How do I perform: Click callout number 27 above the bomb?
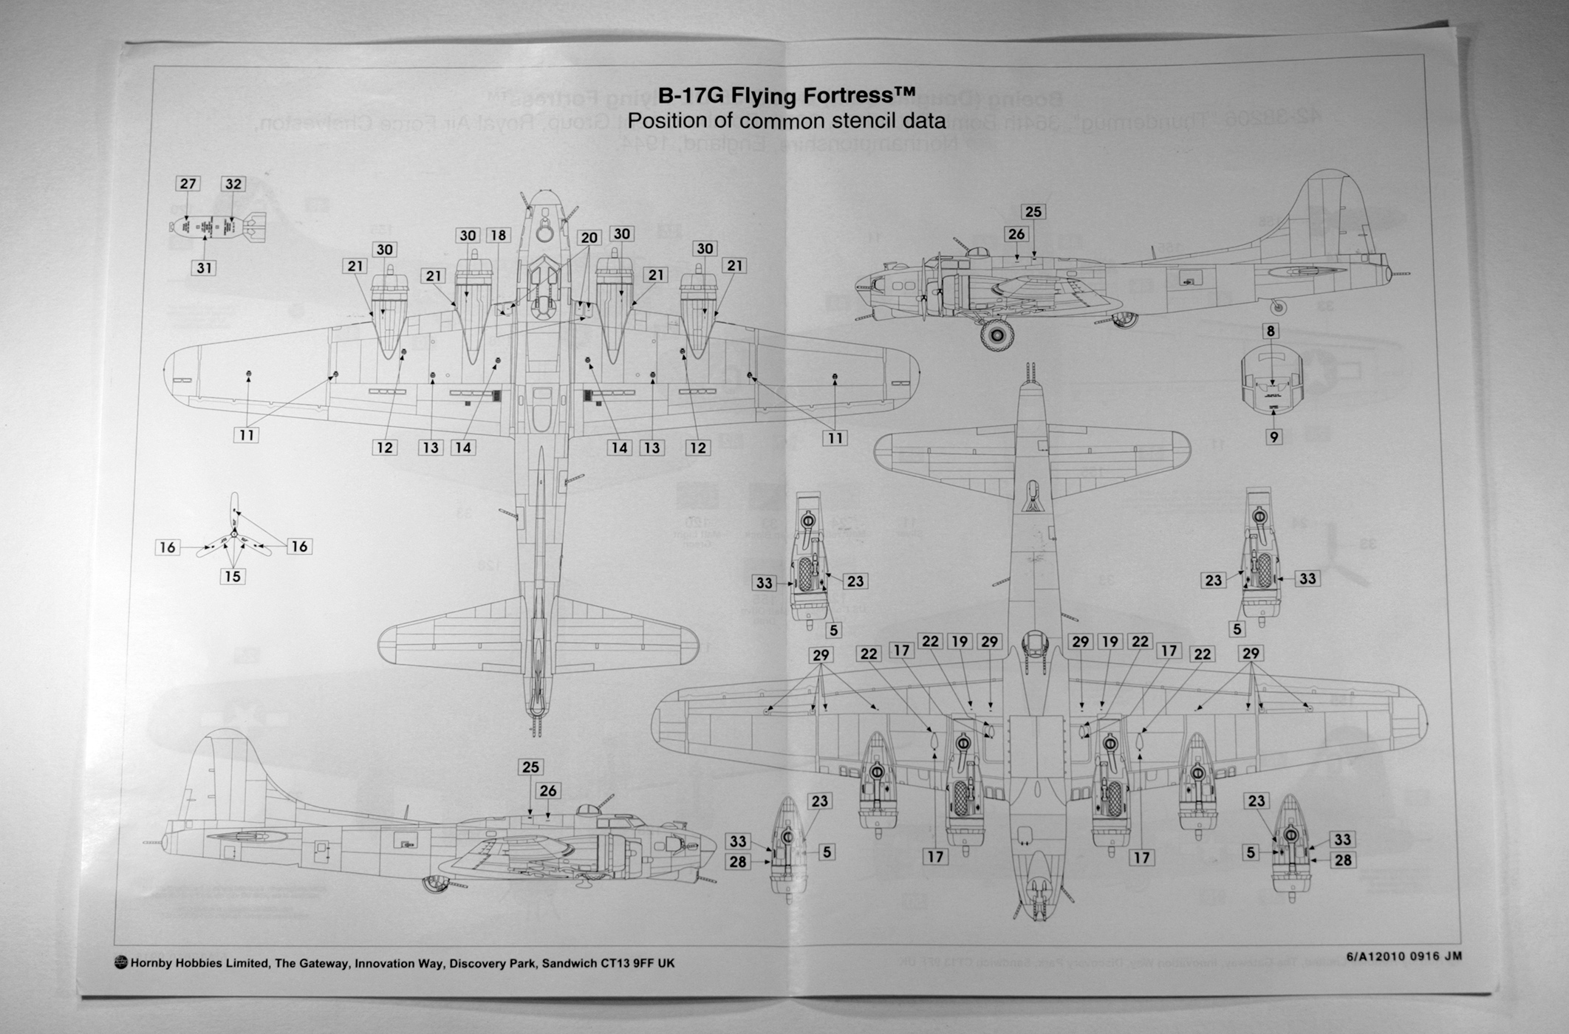pyautogui.click(x=188, y=184)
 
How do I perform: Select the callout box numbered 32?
pyautogui.click(x=233, y=184)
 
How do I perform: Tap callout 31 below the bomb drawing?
pyautogui.click(x=205, y=268)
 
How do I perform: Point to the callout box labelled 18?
pyautogui.click(x=499, y=236)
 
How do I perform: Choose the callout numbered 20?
pyautogui.click(x=589, y=238)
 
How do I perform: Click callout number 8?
pyautogui.click(x=1271, y=331)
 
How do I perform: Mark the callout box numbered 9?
pyautogui.click(x=1274, y=437)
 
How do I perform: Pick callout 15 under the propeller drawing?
pyautogui.click(x=233, y=577)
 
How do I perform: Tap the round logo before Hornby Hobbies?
pyautogui.click(x=121, y=962)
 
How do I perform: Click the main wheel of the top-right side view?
pyautogui.click(x=997, y=336)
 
